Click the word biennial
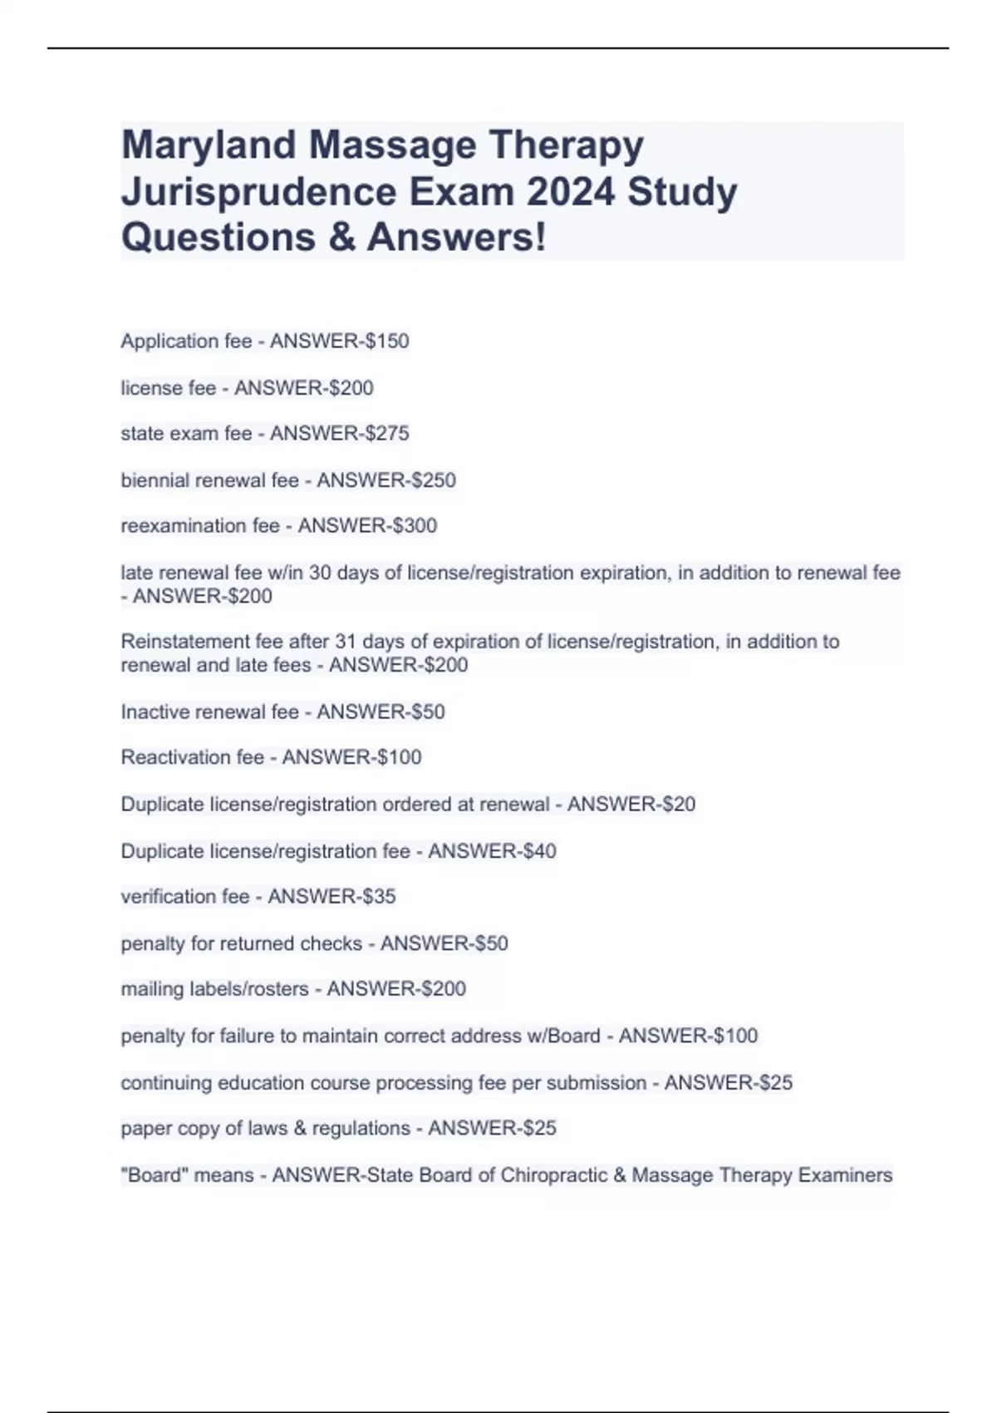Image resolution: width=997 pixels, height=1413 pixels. tap(155, 480)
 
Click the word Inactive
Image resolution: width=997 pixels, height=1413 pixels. tap(152, 711)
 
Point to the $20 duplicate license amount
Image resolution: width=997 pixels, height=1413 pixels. tap(678, 804)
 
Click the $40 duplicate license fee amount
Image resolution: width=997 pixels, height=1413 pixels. tap(538, 851)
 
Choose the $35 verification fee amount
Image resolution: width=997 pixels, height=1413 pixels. tap(378, 896)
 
